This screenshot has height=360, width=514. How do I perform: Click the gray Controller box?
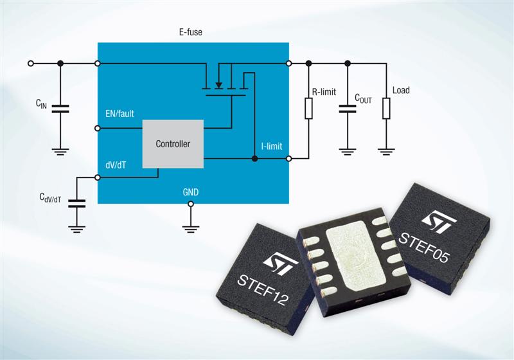point(173,144)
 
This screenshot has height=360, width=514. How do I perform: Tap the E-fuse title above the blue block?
point(190,32)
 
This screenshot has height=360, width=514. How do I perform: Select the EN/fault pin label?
point(120,114)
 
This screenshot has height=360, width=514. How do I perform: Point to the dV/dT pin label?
point(116,165)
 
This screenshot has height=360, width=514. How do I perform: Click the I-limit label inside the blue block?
point(271,146)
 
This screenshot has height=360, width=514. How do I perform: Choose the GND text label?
point(190,192)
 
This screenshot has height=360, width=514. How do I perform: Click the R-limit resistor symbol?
point(308,108)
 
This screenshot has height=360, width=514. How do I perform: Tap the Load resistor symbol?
point(386,108)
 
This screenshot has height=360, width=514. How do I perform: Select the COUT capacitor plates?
point(348,109)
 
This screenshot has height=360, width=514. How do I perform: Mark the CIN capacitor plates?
point(60,109)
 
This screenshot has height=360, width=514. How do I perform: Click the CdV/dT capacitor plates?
point(76,204)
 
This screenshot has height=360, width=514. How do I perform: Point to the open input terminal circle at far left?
point(31,63)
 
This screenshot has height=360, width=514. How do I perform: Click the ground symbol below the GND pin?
point(190,229)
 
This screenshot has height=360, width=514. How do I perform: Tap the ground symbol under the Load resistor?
point(386,152)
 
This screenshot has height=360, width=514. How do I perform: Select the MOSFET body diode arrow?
point(218,85)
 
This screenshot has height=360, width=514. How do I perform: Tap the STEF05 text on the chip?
point(423,248)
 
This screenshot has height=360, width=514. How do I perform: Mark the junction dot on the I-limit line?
point(254,159)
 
